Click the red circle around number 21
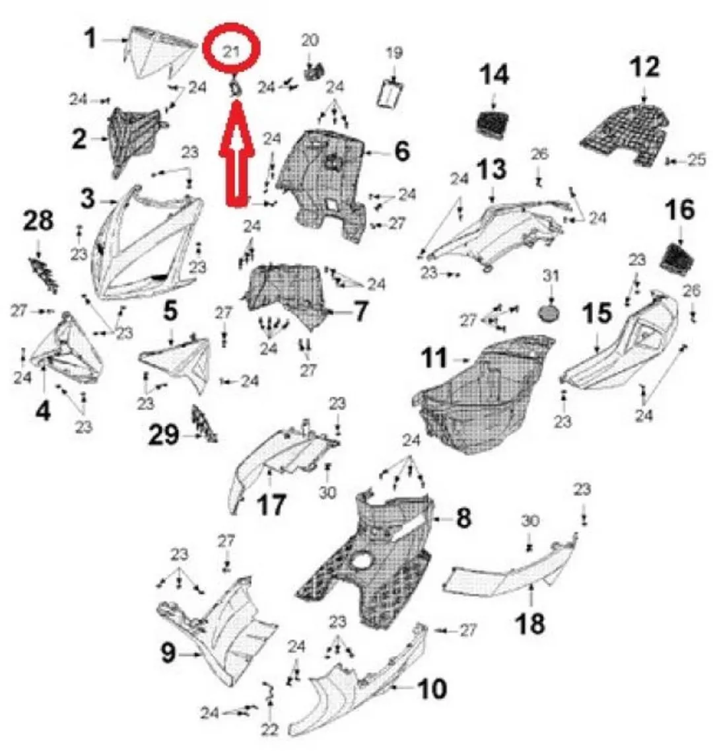231,27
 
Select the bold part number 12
644,67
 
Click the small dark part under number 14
492,125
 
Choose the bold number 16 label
680,210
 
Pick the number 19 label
394,53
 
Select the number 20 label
310,40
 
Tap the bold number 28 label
38,221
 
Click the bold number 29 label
164,435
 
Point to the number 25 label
696,159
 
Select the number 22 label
269,730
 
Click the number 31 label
551,276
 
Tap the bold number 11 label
435,358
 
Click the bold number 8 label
463,517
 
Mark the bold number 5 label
171,312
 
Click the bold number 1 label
90,39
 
